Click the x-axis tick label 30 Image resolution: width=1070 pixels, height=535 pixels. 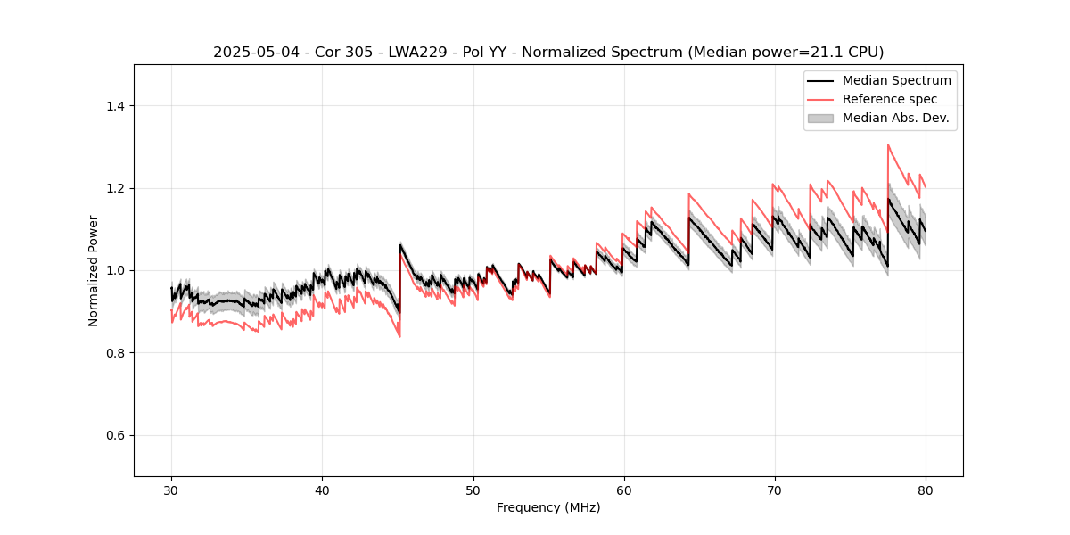pyautogui.click(x=171, y=490)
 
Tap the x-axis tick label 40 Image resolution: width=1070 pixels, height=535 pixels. pyautogui.click(x=322, y=490)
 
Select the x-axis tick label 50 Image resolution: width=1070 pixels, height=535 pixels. pyautogui.click(x=473, y=490)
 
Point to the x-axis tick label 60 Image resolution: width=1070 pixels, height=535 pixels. pyautogui.click(x=624, y=490)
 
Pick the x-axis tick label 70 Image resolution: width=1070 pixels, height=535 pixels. pyautogui.click(x=775, y=490)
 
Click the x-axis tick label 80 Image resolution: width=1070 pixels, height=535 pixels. pyautogui.click(x=926, y=490)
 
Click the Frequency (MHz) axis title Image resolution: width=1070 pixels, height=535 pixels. pyautogui.click(x=548, y=507)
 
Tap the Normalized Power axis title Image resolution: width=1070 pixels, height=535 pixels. pyautogui.click(x=94, y=270)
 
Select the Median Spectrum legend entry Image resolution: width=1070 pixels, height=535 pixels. pyautogui.click(x=896, y=80)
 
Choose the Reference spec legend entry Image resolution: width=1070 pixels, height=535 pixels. pyautogui.click(x=890, y=99)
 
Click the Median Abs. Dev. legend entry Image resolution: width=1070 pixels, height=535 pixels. pyautogui.click(x=895, y=118)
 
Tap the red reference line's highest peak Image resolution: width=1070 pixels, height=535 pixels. pyautogui.click(x=888, y=144)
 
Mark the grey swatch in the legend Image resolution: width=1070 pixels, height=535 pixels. pyautogui.click(x=820, y=118)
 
